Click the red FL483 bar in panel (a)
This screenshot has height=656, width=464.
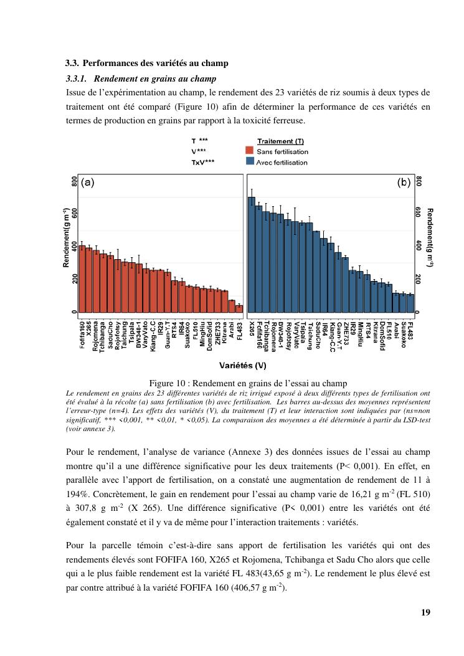coord(239,308)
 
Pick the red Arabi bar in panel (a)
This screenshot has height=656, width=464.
coord(232,306)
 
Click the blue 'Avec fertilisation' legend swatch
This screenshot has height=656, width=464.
coord(249,161)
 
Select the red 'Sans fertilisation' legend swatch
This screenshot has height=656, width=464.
coord(249,151)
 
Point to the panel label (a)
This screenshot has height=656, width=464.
coord(88,183)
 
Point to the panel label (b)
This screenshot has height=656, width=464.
coord(404,183)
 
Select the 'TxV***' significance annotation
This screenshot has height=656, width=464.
coord(203,162)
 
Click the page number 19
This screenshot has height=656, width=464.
coord(425,612)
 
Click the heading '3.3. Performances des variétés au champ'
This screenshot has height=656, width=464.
coord(147,64)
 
